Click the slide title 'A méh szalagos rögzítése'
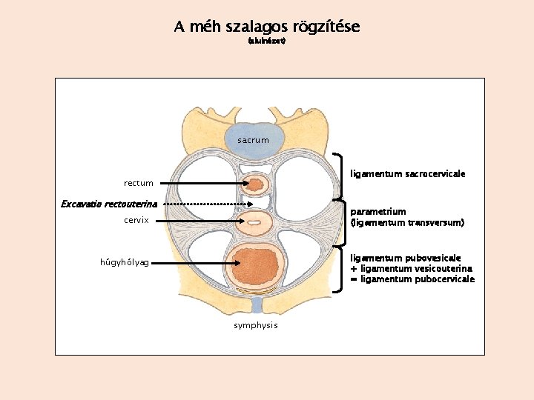click(266, 27)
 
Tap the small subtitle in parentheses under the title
click(266, 41)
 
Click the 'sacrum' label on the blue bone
click(253, 140)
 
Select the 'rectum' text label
click(139, 183)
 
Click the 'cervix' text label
click(136, 221)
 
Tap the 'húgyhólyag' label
click(125, 262)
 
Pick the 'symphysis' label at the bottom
click(255, 325)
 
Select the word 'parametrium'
click(378, 212)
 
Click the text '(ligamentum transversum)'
click(407, 222)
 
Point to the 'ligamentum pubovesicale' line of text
click(405, 258)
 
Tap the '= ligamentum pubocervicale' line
click(412, 279)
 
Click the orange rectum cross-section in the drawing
click(255, 184)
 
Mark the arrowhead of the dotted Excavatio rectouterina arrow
click(250, 204)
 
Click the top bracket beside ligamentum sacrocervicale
click(342, 176)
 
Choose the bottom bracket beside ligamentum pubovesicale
click(342, 267)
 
